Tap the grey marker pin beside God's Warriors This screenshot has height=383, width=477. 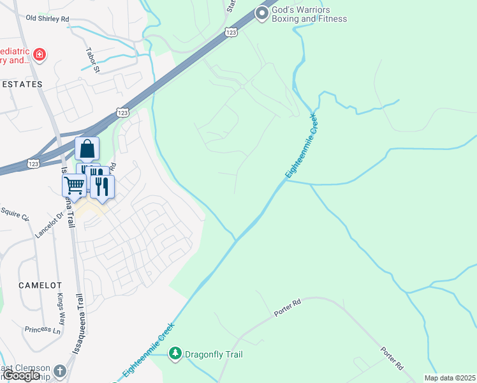click(261, 13)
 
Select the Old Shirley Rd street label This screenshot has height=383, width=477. click(47, 19)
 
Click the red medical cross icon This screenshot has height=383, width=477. click(40, 55)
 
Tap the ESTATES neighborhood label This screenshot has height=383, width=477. click(21, 84)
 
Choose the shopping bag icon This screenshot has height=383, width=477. click(87, 149)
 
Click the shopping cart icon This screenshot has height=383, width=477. click(74, 185)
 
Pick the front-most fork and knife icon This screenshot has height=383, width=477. click(102, 186)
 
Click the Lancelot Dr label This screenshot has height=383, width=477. click(50, 224)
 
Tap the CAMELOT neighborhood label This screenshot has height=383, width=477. click(40, 285)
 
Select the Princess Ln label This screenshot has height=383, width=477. click(42, 329)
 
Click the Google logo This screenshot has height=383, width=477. click(22, 375)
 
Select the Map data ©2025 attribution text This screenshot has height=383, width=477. click(450, 378)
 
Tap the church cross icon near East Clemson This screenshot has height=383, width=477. click(59, 371)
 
